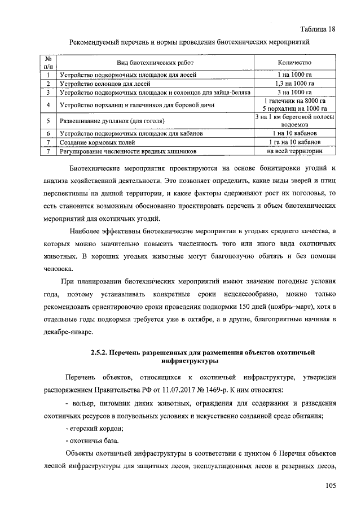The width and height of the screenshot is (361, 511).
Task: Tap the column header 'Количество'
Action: (294, 62)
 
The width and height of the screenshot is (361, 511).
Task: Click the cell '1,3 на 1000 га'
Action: (294, 84)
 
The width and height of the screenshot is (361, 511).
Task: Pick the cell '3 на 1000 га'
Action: (294, 92)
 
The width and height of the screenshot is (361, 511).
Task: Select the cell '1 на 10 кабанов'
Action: (294, 133)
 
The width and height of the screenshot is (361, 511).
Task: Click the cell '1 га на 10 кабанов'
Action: (294, 142)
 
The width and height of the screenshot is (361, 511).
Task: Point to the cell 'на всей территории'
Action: (294, 151)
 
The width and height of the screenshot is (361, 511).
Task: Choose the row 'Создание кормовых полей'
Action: (97, 142)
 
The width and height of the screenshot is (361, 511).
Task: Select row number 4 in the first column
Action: (49, 105)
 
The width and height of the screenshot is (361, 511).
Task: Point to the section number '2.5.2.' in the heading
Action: (102, 352)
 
